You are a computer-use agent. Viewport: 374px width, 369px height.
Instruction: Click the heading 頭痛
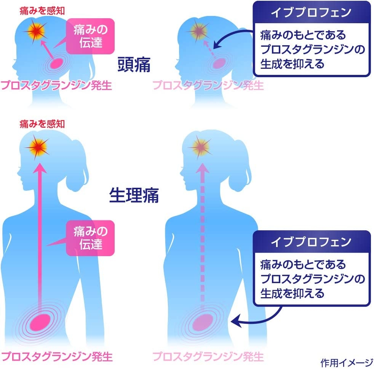(134, 65)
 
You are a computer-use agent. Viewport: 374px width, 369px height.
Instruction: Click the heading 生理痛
(134, 195)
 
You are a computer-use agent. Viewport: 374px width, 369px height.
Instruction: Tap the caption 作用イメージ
(347, 363)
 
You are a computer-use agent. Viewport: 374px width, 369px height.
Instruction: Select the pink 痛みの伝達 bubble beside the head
(90, 36)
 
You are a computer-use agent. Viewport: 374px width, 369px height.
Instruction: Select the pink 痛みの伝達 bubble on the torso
(90, 238)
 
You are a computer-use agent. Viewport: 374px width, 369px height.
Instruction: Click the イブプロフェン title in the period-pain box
(311, 242)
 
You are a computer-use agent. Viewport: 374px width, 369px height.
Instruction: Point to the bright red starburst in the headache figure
(36, 32)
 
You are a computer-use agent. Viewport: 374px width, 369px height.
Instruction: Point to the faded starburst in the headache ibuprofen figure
(198, 31)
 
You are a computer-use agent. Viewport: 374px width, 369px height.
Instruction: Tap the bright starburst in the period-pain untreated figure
(37, 147)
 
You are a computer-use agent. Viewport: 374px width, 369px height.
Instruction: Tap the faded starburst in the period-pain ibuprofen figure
(200, 147)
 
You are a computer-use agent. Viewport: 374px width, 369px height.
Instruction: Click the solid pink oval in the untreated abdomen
(40, 322)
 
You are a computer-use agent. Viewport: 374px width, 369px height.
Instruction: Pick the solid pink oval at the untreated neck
(56, 63)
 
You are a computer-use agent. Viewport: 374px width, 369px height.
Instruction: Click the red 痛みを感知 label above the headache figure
(42, 11)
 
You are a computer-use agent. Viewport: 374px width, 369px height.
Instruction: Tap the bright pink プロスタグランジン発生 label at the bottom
(56, 356)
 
